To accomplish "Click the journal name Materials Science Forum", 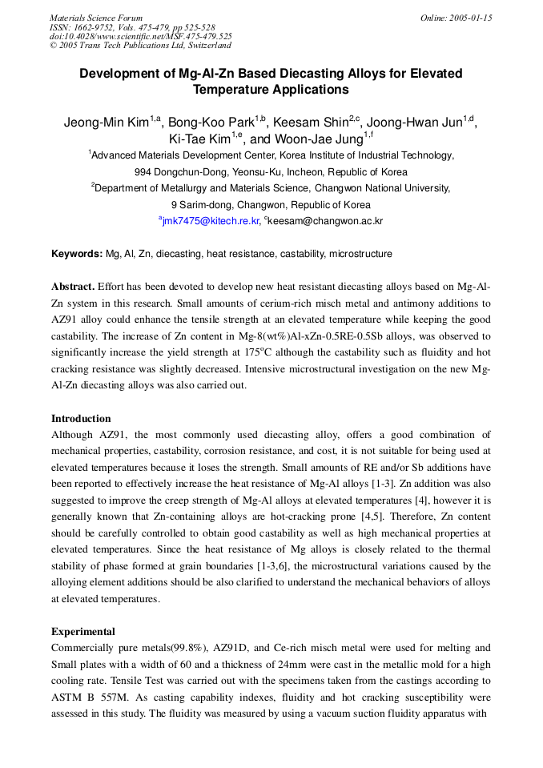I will [x=96, y=18].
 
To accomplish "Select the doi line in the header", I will [x=141, y=36].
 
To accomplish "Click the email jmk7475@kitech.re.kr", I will [x=211, y=221].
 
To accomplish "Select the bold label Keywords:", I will [x=77, y=254].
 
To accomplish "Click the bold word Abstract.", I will [x=73, y=287].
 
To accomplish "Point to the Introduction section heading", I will [x=81, y=419].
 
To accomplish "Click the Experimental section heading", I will [x=82, y=632].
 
